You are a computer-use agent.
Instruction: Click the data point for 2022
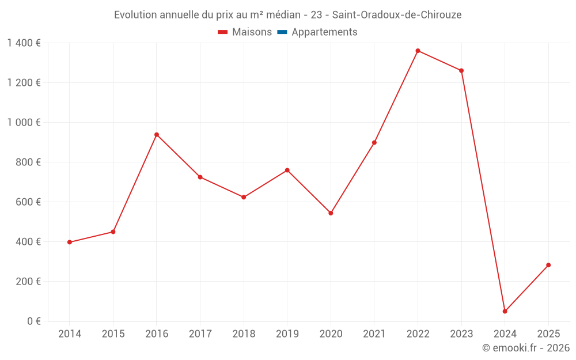pos(418,51)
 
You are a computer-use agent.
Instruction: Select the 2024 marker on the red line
pos(505,311)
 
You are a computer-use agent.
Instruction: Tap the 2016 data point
pos(156,135)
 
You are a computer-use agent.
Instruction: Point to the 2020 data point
pos(331,213)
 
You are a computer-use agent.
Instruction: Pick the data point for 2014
pos(69,242)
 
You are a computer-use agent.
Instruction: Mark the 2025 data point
pos(548,265)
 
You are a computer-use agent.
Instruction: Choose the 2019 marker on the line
pos(287,170)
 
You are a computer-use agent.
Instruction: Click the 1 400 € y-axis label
pos(24,43)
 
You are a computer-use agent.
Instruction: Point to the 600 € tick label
pos(28,202)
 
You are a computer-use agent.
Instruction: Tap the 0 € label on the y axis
pos(34,321)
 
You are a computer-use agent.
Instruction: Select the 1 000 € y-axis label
pos(24,123)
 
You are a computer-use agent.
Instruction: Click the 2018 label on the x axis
pos(244,334)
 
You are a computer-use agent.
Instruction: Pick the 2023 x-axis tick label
pos(461,334)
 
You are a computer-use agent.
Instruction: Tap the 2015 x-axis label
pos(113,334)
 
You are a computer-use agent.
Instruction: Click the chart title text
pos(287,15)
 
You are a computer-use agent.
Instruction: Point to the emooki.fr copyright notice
pos(526,348)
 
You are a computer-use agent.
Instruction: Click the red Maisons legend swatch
pos(223,32)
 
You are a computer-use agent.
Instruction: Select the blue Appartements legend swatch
pos(282,32)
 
